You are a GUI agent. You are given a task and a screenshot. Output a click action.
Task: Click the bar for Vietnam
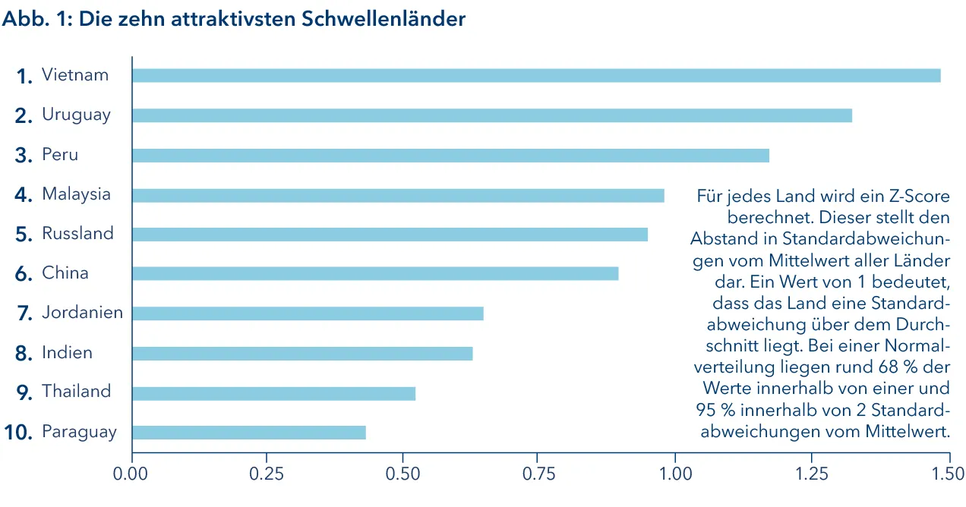point(535,75)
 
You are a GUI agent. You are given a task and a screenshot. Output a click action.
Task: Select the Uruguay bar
point(491,115)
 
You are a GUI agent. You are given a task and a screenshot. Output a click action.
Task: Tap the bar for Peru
point(450,156)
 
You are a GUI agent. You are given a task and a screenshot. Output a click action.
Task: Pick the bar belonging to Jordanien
point(308,313)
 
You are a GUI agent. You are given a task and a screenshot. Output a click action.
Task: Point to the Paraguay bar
point(248,433)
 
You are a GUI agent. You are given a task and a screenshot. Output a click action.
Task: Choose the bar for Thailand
point(273,393)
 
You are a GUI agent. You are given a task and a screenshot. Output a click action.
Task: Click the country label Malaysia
point(76,194)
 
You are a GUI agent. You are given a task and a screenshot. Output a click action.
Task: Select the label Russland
point(77,234)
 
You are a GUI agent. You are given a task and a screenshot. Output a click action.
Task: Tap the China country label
point(65,273)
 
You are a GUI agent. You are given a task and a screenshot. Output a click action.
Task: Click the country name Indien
point(67,353)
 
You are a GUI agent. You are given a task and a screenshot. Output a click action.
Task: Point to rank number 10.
point(18,433)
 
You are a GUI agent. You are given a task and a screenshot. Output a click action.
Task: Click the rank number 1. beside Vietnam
point(25,76)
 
